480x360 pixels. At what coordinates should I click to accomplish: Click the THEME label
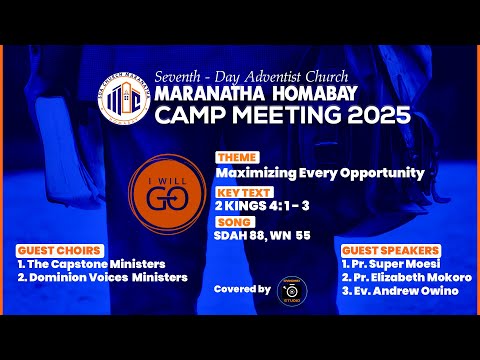237,158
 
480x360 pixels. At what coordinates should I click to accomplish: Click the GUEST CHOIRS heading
58,249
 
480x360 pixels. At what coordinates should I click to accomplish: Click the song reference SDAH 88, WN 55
263,237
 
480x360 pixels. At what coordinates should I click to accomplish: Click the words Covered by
243,289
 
